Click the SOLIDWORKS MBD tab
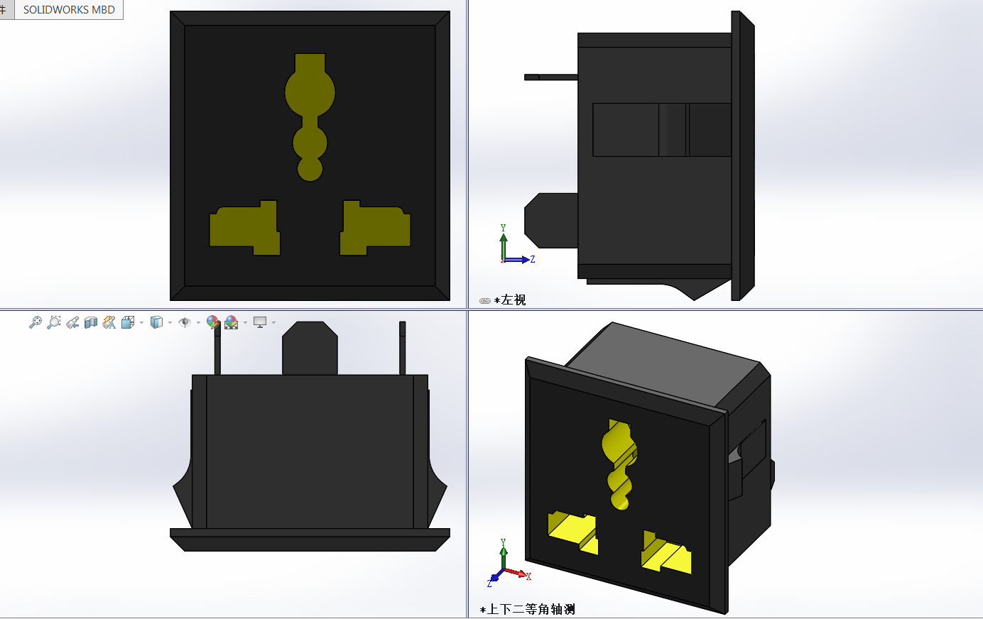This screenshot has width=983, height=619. pyautogui.click(x=69, y=10)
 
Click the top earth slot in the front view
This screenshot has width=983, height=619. pyautogui.click(x=310, y=106)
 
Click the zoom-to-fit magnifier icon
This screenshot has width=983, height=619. pyautogui.click(x=35, y=323)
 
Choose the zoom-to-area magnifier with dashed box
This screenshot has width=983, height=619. pyautogui.click(x=53, y=323)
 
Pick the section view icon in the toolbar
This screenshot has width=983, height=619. pyautogui.click(x=91, y=323)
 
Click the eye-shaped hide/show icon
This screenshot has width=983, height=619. pyautogui.click(x=185, y=323)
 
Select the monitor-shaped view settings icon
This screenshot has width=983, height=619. pyautogui.click(x=260, y=323)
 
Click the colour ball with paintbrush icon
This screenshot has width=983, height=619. pyautogui.click(x=212, y=323)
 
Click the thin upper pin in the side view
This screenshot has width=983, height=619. pyautogui.click(x=550, y=77)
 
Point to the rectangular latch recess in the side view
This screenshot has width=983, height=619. pyautogui.click(x=661, y=129)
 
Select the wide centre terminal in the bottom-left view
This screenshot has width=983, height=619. pyautogui.click(x=310, y=348)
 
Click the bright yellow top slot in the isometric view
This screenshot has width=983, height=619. pyautogui.click(x=619, y=461)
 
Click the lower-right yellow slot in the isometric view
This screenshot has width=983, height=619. pyautogui.click(x=666, y=552)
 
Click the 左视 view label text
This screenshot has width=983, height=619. pyautogui.click(x=513, y=300)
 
